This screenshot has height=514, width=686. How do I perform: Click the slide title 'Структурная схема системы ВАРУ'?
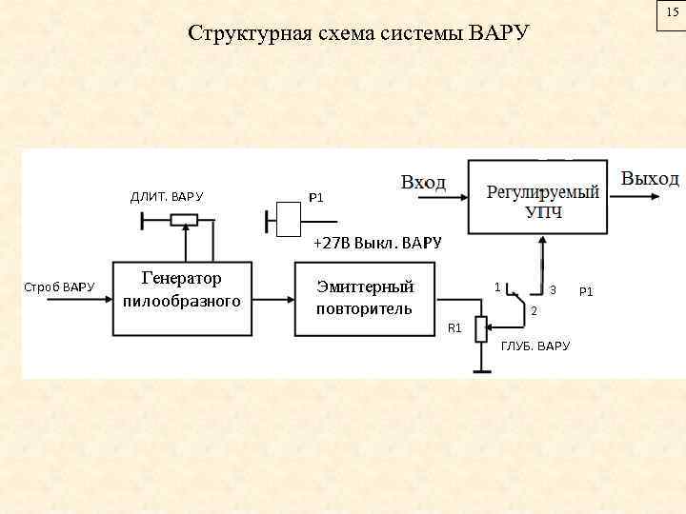(358, 34)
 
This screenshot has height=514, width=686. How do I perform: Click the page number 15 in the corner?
(672, 13)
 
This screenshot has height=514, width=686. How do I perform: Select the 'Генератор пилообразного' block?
(181, 290)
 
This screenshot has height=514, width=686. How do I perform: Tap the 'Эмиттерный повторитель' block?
(365, 298)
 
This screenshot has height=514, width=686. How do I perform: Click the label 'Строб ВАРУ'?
(59, 287)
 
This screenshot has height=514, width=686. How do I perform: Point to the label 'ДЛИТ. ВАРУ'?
(167, 197)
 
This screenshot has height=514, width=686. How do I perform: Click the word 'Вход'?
(423, 182)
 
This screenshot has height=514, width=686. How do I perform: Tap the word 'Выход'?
(651, 178)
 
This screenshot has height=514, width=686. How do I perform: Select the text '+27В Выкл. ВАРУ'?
(377, 243)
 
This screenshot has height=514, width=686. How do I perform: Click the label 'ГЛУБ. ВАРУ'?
(535, 346)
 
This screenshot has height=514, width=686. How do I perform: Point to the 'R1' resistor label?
(454, 328)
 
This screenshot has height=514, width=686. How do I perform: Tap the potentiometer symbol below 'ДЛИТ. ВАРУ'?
(184, 220)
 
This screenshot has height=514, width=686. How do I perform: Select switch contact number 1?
(495, 286)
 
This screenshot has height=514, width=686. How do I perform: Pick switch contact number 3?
(554, 289)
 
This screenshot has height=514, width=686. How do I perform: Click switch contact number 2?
(535, 312)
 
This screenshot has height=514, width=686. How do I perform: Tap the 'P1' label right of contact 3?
(586, 291)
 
